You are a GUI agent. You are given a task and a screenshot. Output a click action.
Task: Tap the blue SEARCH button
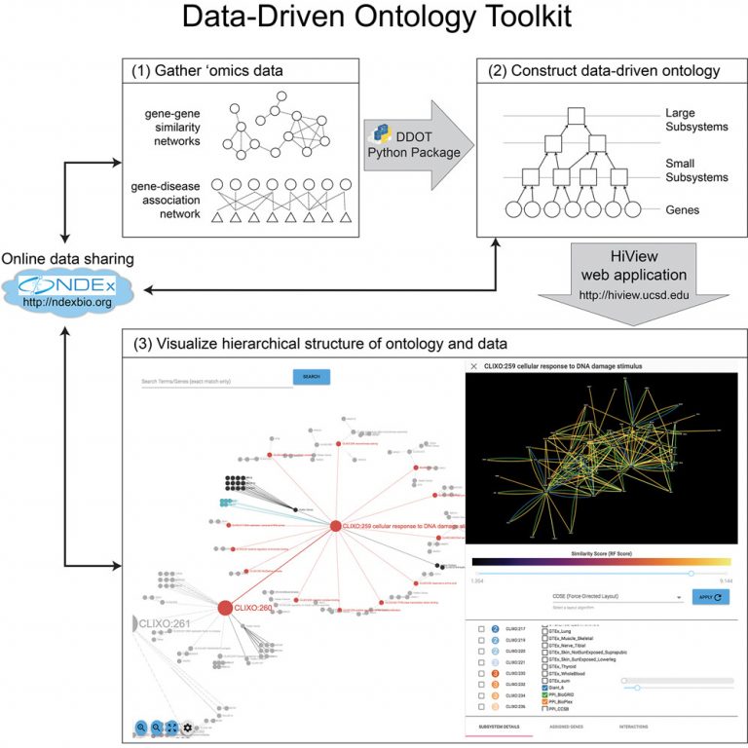coord(312,377)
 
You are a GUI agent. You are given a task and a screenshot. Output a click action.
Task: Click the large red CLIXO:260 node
coord(225,608)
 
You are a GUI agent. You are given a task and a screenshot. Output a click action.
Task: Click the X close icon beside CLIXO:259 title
coord(474,366)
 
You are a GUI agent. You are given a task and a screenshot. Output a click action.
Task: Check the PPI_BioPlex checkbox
coord(545,701)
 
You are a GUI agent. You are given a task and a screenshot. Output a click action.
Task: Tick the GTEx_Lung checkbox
coord(545,630)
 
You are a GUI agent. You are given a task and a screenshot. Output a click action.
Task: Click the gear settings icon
coord(187,727)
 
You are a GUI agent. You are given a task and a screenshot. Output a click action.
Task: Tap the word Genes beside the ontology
coord(683,208)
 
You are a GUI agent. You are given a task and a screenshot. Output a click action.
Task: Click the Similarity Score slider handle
coord(692,574)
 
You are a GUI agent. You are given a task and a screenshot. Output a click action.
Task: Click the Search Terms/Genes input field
coord(216,381)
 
